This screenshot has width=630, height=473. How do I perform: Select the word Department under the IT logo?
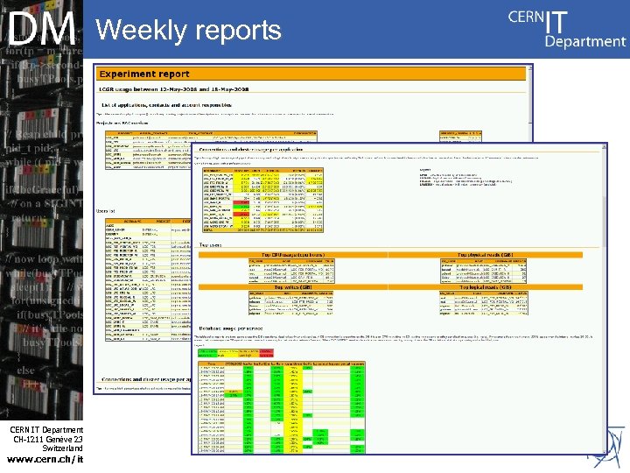pyautogui.click(x=584, y=41)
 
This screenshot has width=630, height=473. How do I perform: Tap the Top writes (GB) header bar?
pyautogui.click(x=290, y=286)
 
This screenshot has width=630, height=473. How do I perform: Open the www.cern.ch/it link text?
pyautogui.click(x=45, y=459)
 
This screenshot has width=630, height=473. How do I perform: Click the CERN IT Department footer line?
pyautogui.click(x=47, y=428)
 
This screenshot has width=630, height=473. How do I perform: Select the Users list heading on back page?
pyautogui.click(x=107, y=211)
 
